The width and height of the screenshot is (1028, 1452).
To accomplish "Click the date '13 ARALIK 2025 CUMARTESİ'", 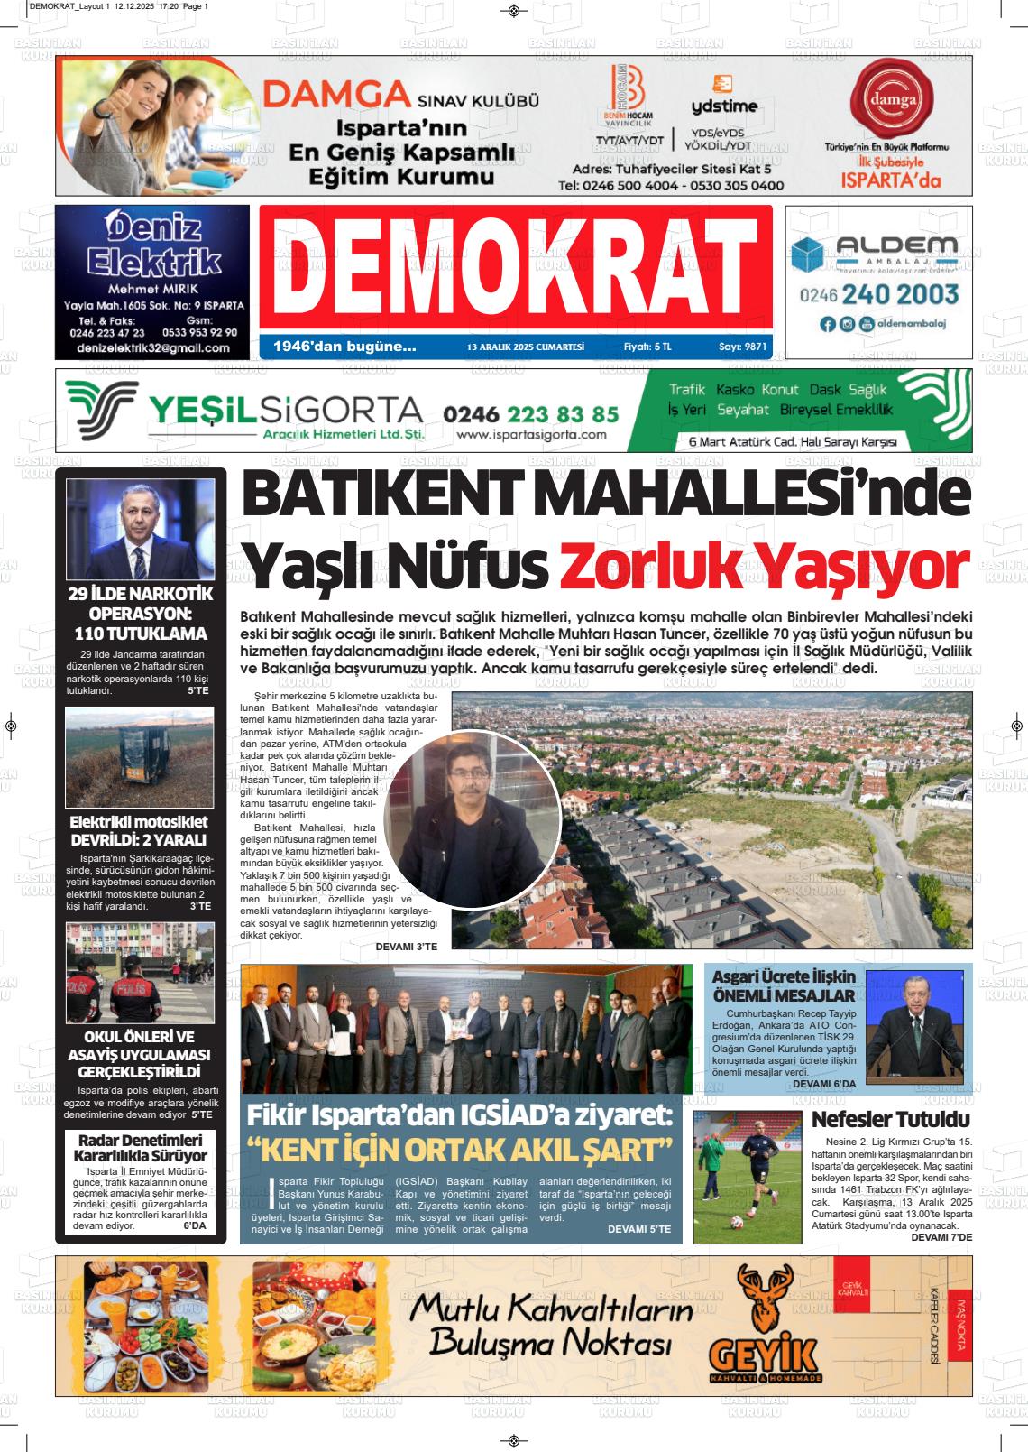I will pos(526,347).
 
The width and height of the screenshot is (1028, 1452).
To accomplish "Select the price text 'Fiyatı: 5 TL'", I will pos(647,346).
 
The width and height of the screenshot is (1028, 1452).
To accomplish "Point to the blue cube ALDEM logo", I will pos(808,254).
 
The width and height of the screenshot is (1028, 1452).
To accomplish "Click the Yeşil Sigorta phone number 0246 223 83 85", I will pos(531,414).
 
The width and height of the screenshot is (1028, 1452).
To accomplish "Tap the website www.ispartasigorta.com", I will pos(531,435).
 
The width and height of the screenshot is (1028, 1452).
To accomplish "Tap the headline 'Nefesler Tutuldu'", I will pos(891,1120).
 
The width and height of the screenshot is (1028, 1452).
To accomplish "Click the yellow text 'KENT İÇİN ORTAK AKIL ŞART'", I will pos(462,1151).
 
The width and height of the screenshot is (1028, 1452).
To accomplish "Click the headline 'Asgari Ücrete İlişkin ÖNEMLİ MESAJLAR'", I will pos(783,985).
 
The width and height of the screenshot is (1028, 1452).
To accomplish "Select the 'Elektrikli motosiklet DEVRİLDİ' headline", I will pos(141,830).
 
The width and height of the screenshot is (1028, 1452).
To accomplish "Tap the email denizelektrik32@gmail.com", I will pos(153,347).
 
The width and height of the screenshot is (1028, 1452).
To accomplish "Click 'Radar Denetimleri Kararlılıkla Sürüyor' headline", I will pos(141,1147).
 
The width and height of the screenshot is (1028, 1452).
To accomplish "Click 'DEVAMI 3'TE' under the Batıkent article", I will pos(406,946).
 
